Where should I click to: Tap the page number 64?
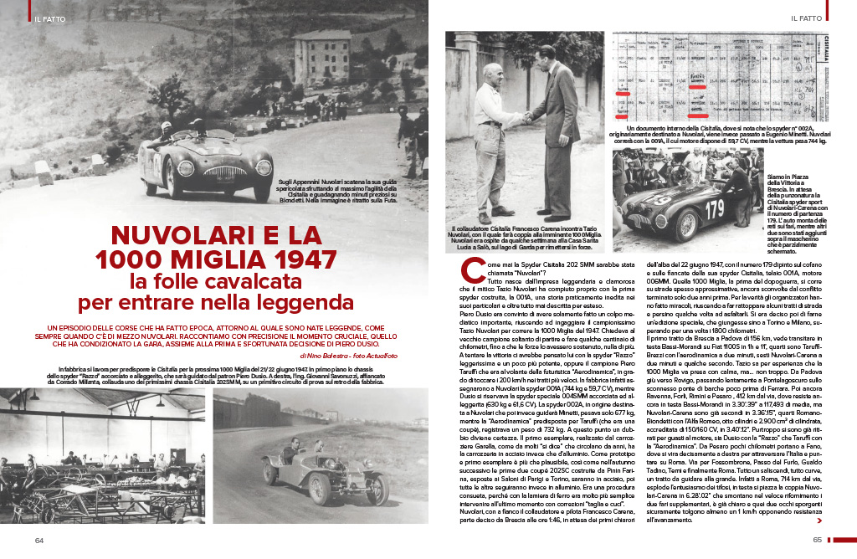point(38,540)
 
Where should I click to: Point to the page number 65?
point(818,540)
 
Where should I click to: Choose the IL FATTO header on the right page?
point(806,17)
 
